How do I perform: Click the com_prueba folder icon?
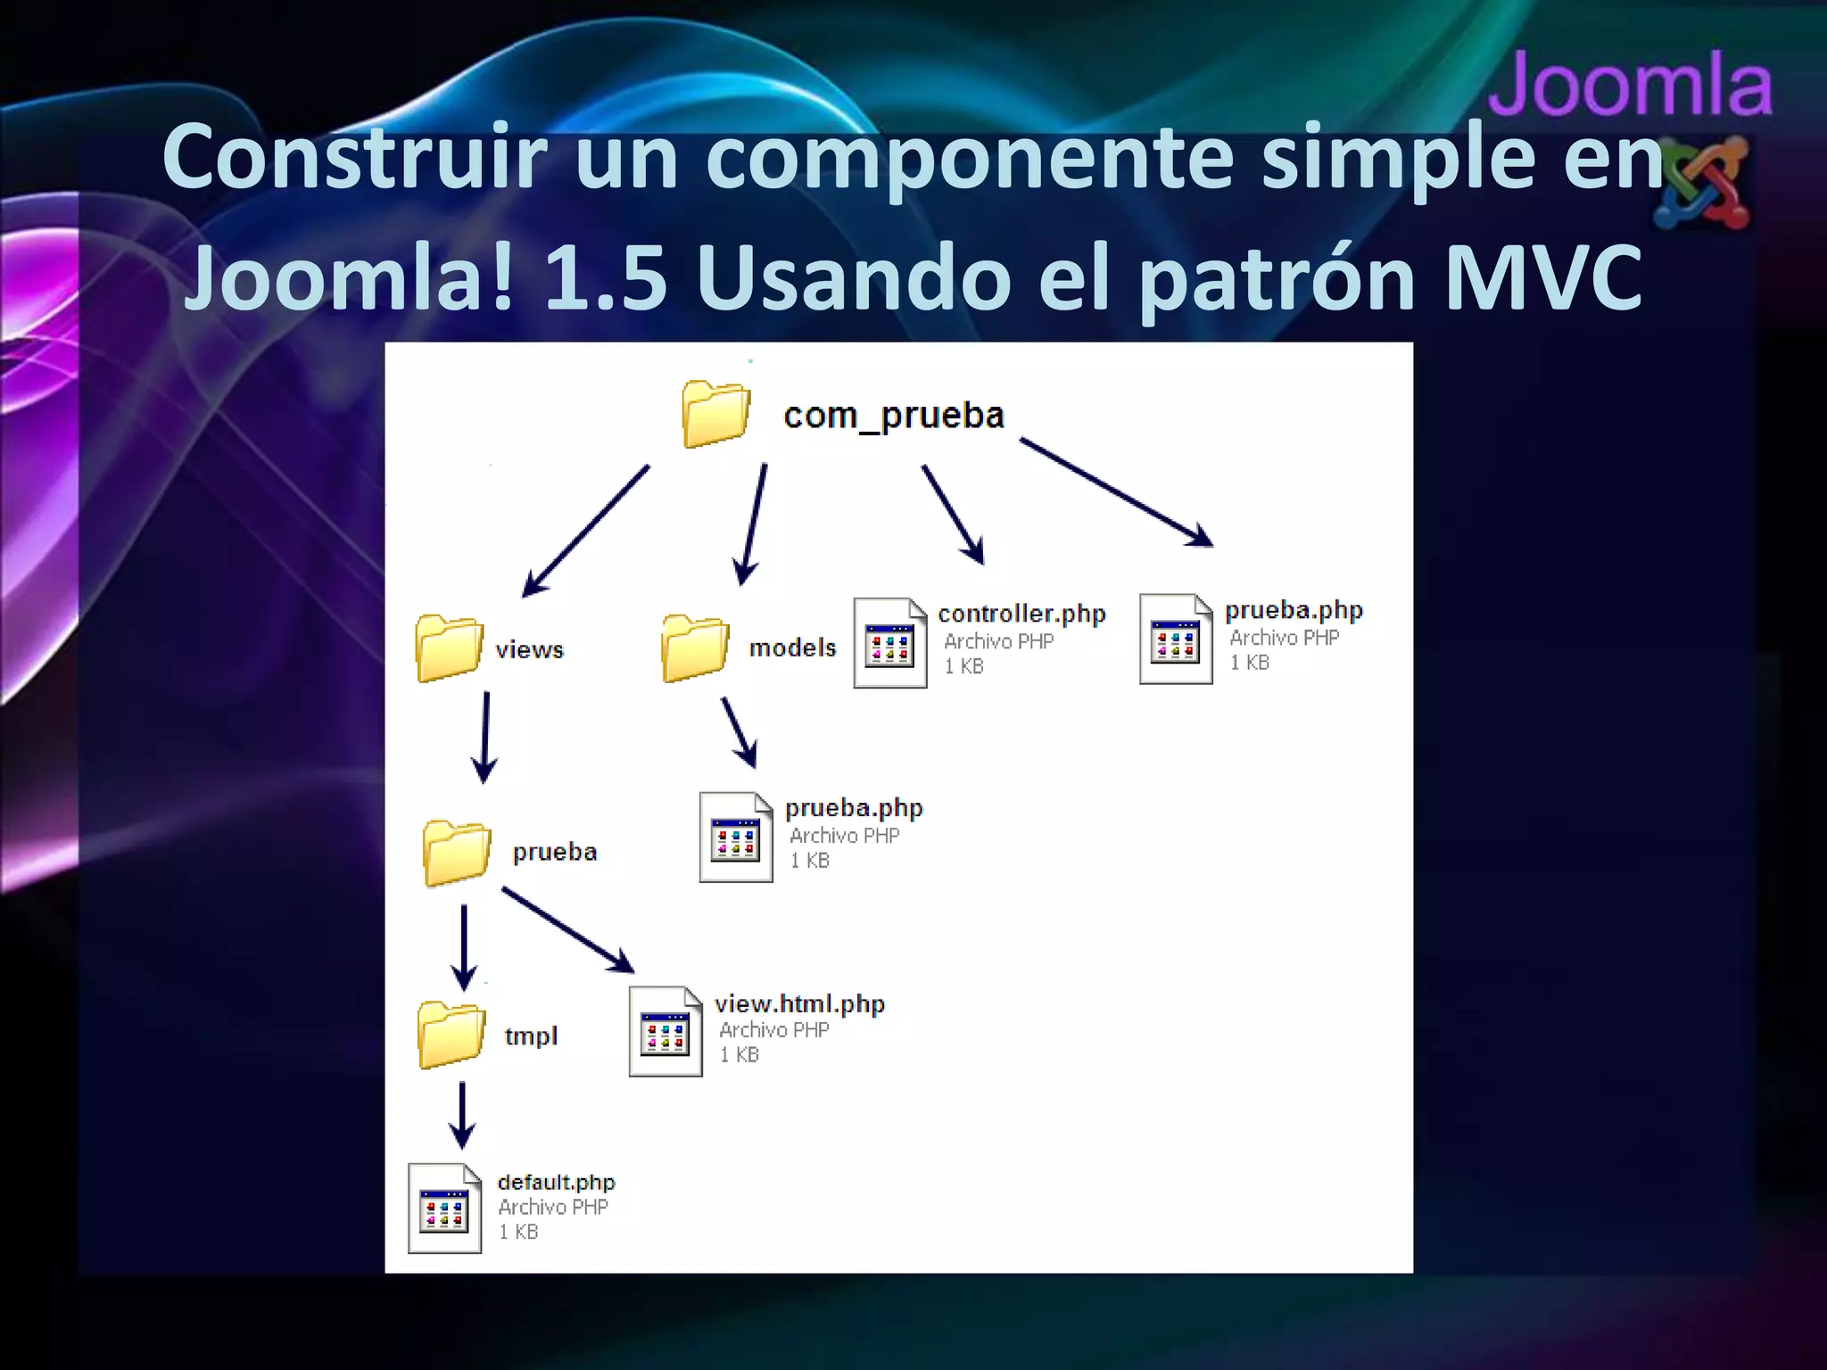715,414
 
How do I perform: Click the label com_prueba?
894,416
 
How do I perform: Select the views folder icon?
449,648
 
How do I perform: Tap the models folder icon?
695,648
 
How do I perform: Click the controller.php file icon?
889,643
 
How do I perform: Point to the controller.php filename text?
1021,614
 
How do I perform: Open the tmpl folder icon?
451,1036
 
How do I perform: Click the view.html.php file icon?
665,1032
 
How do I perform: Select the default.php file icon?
444,1209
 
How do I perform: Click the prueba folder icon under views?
456,853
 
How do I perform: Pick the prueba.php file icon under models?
735,838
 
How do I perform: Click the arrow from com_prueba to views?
585,532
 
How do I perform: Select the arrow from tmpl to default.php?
461,1116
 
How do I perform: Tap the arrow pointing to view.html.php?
567,929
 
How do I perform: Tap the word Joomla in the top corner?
1630,86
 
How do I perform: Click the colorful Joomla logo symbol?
1703,183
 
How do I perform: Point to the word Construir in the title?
353,157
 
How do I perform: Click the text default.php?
556,1183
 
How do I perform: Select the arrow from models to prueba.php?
739,732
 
